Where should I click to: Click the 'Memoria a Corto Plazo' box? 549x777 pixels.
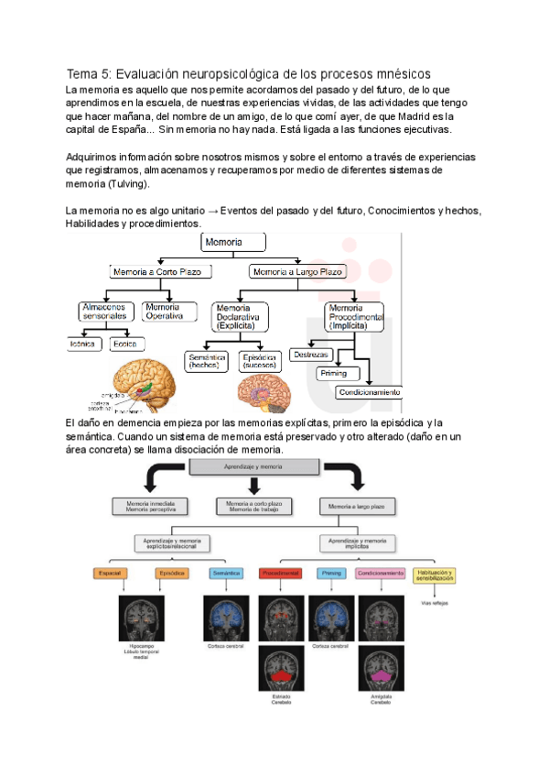click(162, 272)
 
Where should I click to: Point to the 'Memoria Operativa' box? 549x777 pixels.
click(170, 311)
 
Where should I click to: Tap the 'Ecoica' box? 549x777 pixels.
click(125, 345)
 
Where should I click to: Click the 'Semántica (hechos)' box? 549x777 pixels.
click(207, 360)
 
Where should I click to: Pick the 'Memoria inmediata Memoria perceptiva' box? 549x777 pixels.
click(151, 505)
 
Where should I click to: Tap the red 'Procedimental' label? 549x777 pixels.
click(280, 574)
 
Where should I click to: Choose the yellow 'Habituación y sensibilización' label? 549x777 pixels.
click(435, 575)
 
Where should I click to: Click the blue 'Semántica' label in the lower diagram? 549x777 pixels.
click(226, 574)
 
